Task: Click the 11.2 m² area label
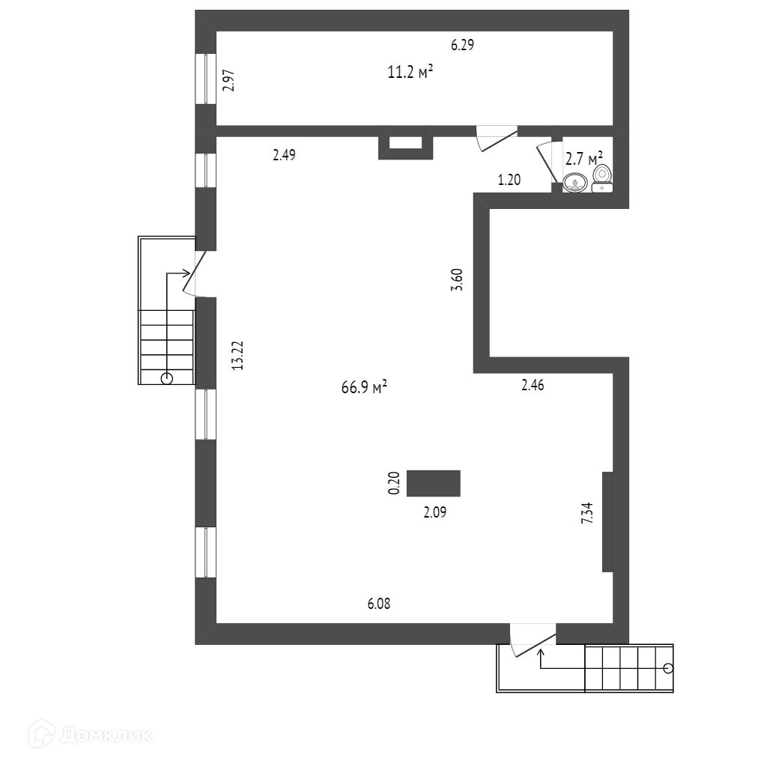point(410,73)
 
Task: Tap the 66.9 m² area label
point(364,387)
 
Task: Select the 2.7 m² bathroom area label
point(584,158)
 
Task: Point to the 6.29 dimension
point(462,45)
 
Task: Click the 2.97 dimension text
point(229,80)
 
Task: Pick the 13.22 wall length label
point(237,355)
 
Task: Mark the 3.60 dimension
point(458,279)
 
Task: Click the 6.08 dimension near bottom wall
point(378,604)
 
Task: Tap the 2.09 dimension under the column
point(435,513)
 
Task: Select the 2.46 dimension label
point(533,386)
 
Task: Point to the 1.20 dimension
point(509,180)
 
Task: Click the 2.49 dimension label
point(284,155)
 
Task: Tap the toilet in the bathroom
point(602,177)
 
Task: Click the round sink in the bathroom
point(575,182)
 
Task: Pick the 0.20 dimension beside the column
point(395,483)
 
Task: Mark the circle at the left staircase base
point(167,378)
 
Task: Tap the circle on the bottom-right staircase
point(667,668)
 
